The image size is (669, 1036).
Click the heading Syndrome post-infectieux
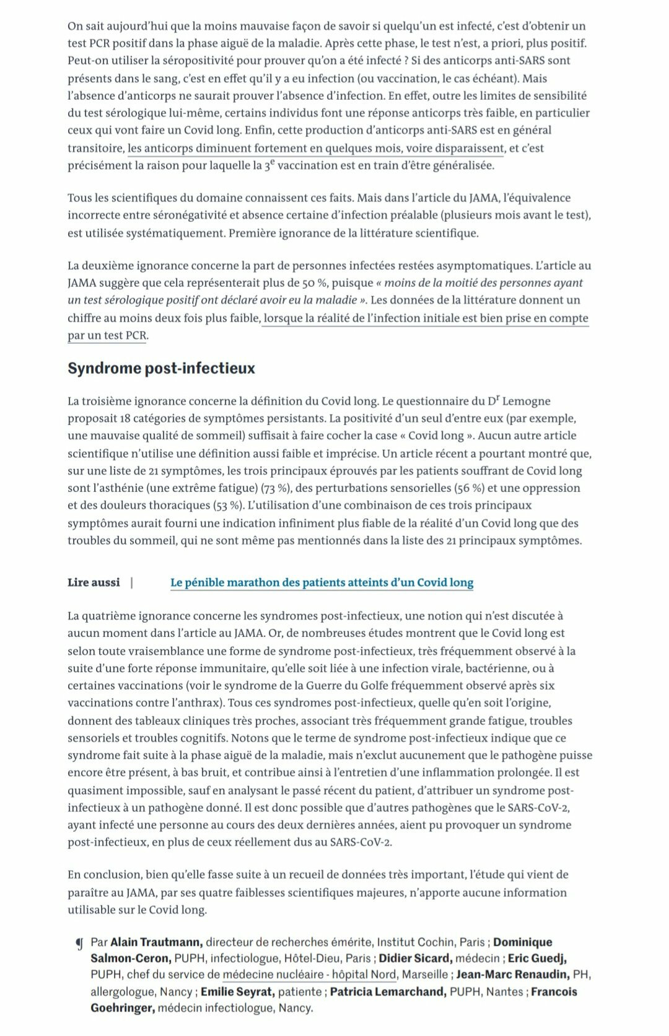click(161, 369)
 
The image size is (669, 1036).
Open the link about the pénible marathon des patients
click(321, 582)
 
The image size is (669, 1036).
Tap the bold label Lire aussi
click(94, 582)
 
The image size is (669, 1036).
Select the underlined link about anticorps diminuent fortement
click(316, 148)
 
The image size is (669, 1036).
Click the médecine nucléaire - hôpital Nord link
click(309, 975)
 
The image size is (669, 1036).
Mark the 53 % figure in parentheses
click(230, 506)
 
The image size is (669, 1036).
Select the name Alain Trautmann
click(156, 942)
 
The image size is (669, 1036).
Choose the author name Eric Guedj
click(537, 959)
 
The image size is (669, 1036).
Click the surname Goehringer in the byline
click(122, 1008)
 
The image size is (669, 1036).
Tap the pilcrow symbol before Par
click(79, 944)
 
